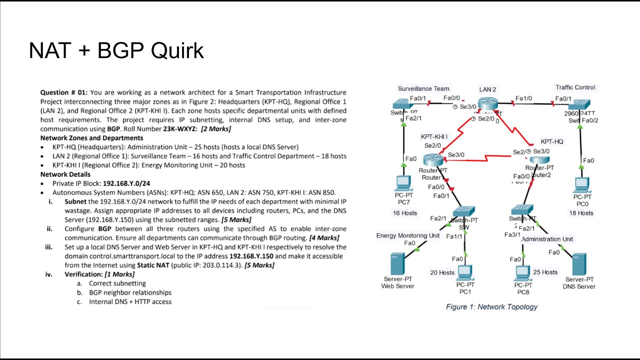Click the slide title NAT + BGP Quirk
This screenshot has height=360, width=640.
pyautogui.click(x=116, y=50)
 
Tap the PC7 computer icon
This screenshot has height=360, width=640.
pyautogui.click(x=403, y=183)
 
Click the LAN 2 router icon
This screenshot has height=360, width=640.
pyautogui.click(x=487, y=104)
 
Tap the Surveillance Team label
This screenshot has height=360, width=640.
pyautogui.click(x=423, y=88)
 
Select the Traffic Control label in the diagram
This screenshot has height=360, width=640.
pyautogui.click(x=575, y=87)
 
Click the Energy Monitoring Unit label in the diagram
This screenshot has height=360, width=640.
pyautogui.click(x=408, y=235)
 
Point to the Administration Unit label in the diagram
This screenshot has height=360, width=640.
pyautogui.click(x=547, y=239)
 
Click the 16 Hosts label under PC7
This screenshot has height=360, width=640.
pyautogui.click(x=404, y=213)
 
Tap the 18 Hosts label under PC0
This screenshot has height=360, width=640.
pyautogui.click(x=581, y=213)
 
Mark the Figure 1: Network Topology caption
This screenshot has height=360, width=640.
pyautogui.click(x=491, y=306)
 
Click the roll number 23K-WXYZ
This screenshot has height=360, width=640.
pyautogui.click(x=180, y=129)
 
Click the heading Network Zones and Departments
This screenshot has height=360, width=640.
pyautogui.click(x=91, y=138)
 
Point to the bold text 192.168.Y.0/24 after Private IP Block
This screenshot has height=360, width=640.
pyautogui.click(x=125, y=183)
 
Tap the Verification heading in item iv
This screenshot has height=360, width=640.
pyautogui.click(x=84, y=274)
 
